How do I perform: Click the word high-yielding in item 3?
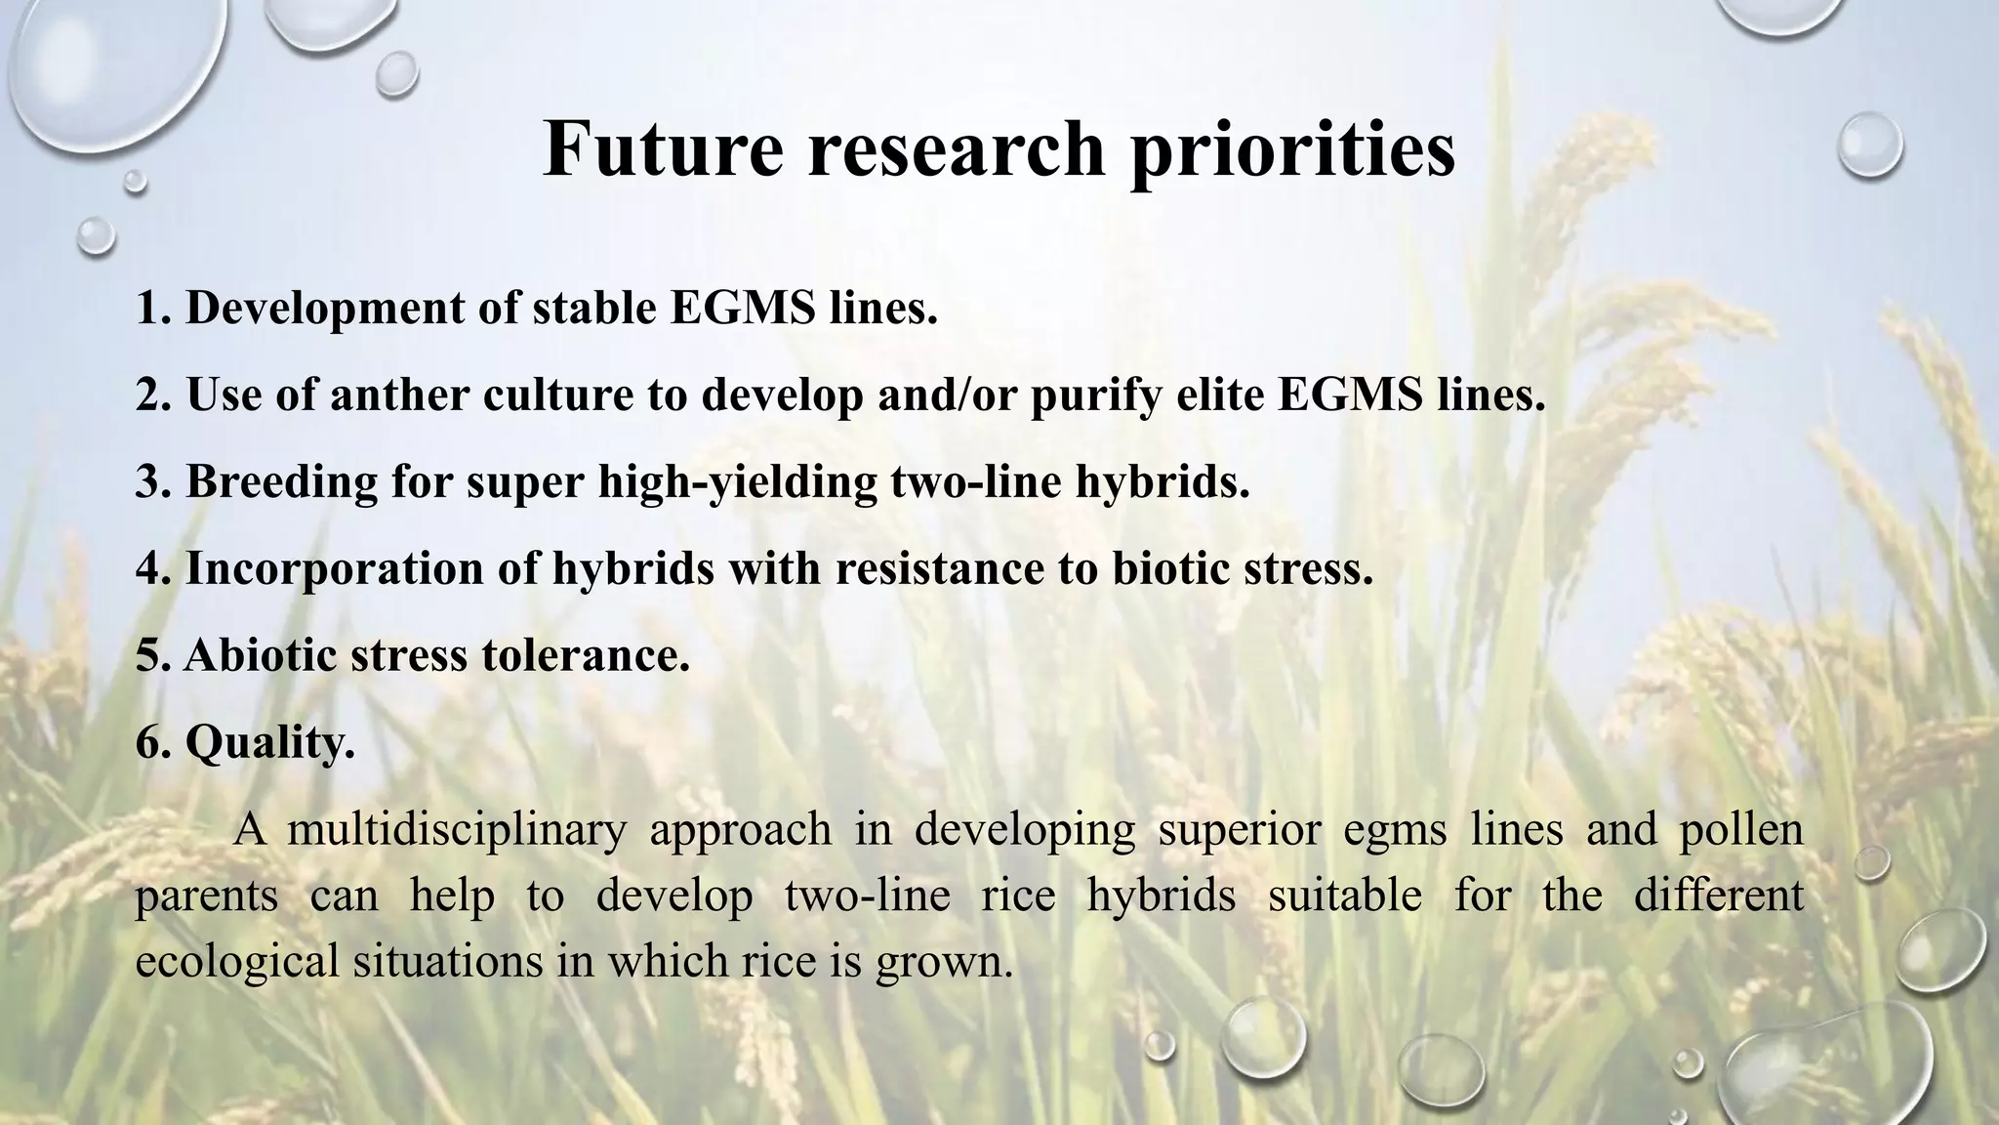coord(737,481)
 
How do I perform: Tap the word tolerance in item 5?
coord(585,654)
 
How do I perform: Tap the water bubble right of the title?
coord(1869,144)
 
